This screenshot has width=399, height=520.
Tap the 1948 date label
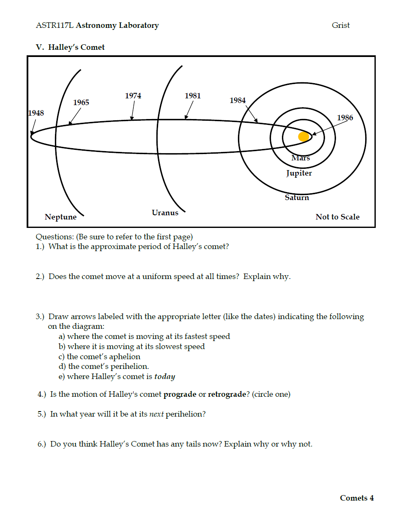(x=36, y=113)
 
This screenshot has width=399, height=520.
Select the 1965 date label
(x=81, y=103)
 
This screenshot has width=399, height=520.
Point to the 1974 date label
(x=133, y=96)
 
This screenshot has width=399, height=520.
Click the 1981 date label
(x=193, y=96)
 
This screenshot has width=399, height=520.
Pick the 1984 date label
(x=238, y=100)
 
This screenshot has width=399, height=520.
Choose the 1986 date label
(x=345, y=118)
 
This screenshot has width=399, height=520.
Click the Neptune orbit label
(x=61, y=217)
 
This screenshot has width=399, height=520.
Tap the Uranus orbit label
(x=165, y=213)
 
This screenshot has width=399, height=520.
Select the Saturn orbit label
(x=297, y=198)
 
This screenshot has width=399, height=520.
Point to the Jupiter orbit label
(x=299, y=173)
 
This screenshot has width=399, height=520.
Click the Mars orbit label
(x=301, y=158)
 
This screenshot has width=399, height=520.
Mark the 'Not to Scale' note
(x=337, y=217)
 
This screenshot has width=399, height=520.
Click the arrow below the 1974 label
(x=133, y=111)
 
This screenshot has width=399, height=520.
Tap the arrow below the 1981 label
(x=189, y=111)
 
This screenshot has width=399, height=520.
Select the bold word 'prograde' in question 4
(x=180, y=395)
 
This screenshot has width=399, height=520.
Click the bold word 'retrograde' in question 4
(x=227, y=395)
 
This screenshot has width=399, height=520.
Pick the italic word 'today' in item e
(x=164, y=376)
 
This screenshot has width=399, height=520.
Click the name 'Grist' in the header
(x=341, y=25)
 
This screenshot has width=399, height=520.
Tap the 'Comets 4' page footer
(x=357, y=498)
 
